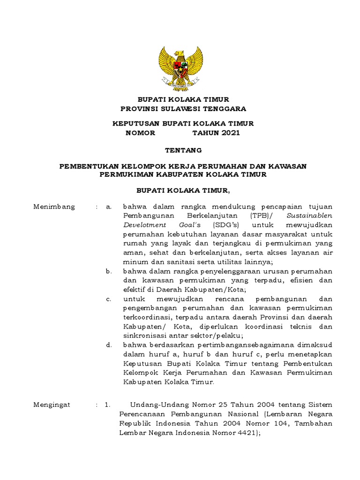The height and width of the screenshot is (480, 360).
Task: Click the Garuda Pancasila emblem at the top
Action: [x=180, y=68]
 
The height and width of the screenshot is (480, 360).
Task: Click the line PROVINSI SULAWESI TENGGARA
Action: [x=183, y=109]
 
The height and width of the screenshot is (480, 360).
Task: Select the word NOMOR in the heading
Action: [x=140, y=133]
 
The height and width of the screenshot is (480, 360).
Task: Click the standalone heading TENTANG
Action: [x=183, y=150]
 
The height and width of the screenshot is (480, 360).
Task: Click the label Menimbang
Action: [x=54, y=207]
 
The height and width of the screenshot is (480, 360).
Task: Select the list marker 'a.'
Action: [x=108, y=207]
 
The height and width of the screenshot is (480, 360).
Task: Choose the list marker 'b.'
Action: [x=108, y=271]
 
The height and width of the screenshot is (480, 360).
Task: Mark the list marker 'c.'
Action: [x=108, y=299]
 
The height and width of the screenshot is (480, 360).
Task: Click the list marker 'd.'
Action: [x=108, y=345]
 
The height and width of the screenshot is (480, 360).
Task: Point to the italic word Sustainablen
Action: [x=309, y=216]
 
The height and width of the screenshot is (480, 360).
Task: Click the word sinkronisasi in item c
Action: [x=145, y=336]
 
